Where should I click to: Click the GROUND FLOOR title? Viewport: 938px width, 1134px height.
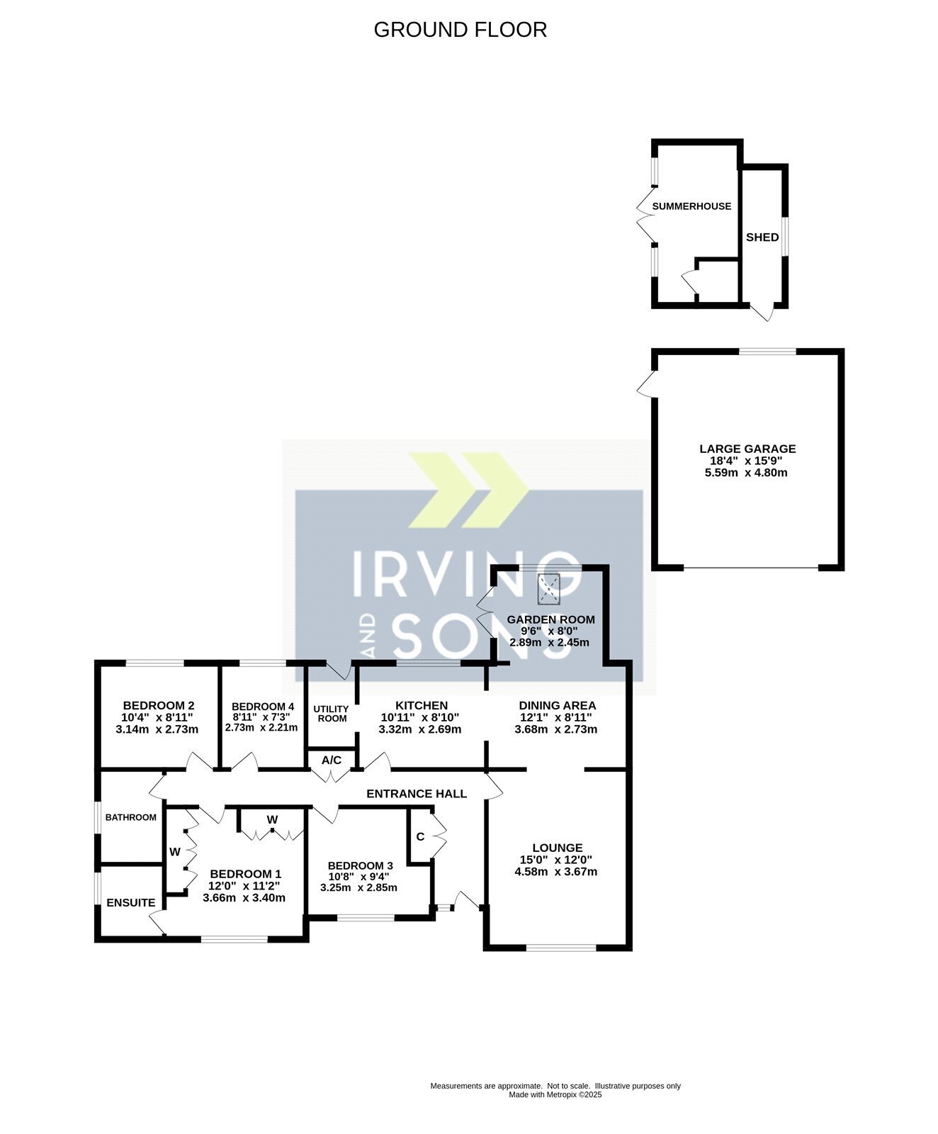click(x=460, y=30)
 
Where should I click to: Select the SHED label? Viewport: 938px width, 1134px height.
click(x=762, y=237)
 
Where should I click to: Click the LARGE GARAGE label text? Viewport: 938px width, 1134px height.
click(x=747, y=449)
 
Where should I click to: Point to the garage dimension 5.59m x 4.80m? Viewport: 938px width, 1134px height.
click(x=746, y=472)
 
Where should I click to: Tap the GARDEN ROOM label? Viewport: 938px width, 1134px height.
click(x=550, y=619)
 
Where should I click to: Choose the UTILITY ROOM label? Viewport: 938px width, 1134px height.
click(x=332, y=714)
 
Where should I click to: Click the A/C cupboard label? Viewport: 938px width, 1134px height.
click(x=332, y=760)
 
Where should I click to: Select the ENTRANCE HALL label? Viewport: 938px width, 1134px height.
click(x=417, y=794)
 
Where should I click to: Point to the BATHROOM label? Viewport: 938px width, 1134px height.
click(x=131, y=817)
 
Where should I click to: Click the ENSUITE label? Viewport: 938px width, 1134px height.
click(x=131, y=903)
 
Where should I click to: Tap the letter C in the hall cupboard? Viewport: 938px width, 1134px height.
click(x=420, y=837)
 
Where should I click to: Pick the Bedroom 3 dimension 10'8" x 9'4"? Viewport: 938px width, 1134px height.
click(x=358, y=877)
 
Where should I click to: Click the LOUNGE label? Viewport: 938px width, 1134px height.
click(x=558, y=848)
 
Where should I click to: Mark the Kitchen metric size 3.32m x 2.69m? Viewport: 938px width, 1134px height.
click(x=420, y=729)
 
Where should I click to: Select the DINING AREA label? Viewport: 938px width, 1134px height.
click(x=558, y=706)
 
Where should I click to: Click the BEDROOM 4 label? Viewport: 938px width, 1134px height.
click(x=263, y=707)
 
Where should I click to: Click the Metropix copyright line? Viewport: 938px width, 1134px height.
click(x=555, y=1094)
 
